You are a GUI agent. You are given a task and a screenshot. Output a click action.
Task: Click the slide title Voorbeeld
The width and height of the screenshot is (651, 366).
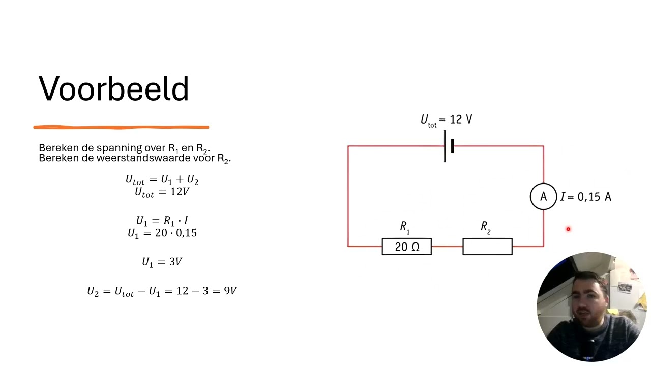113,88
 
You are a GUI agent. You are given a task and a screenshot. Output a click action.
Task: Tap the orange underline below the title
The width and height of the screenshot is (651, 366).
121,127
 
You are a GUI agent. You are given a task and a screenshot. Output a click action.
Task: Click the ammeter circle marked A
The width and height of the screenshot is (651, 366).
543,196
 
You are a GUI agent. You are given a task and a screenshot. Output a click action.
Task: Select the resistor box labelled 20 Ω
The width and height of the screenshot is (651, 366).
406,247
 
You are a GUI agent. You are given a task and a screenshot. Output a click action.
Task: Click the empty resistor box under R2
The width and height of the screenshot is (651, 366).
487,247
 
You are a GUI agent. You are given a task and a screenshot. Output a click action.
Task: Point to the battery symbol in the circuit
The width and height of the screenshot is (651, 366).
449,146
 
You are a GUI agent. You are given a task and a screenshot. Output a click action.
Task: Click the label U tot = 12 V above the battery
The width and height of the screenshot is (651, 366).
447,120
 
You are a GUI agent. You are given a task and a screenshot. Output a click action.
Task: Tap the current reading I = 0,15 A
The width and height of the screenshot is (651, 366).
585,197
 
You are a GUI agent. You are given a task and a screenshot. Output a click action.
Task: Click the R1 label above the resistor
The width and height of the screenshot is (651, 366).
404,227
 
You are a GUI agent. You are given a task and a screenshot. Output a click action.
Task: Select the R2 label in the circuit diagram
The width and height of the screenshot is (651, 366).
485,227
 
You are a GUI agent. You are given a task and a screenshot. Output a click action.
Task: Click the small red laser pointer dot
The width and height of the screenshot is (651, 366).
568,229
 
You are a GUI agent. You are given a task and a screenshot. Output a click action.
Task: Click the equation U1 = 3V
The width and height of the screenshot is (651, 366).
162,262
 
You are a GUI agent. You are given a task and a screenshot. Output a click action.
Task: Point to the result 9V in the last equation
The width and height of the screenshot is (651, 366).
230,291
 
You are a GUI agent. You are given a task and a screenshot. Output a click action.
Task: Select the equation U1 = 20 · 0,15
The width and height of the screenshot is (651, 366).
162,233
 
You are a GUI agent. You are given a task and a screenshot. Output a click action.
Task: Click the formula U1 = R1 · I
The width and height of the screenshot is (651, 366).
162,221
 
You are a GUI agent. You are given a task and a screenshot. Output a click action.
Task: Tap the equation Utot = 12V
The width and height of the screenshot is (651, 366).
162,192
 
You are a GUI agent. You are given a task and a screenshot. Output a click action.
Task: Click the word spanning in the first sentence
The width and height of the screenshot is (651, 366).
120,148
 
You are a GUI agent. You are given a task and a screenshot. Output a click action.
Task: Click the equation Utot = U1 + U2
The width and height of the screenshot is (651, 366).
162,180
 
